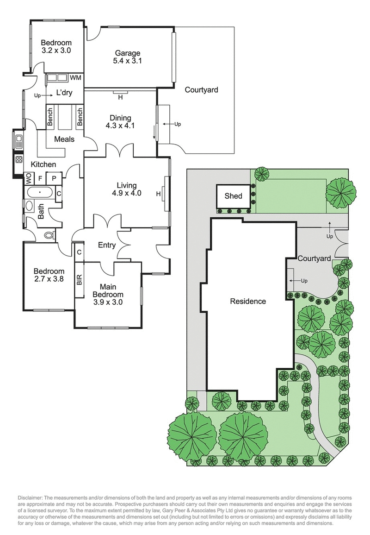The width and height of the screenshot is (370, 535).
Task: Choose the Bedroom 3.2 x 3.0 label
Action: (55, 44)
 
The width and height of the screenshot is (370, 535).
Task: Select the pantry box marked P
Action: (54, 178)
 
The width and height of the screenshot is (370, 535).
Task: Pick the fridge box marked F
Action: (41, 178)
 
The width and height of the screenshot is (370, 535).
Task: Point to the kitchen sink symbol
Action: (18, 140)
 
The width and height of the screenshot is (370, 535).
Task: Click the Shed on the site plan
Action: (234, 196)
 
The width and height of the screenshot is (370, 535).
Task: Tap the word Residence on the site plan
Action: (248, 301)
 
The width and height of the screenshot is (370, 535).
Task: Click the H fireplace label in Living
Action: (158, 194)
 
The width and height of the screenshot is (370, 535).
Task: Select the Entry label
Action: (107, 245)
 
